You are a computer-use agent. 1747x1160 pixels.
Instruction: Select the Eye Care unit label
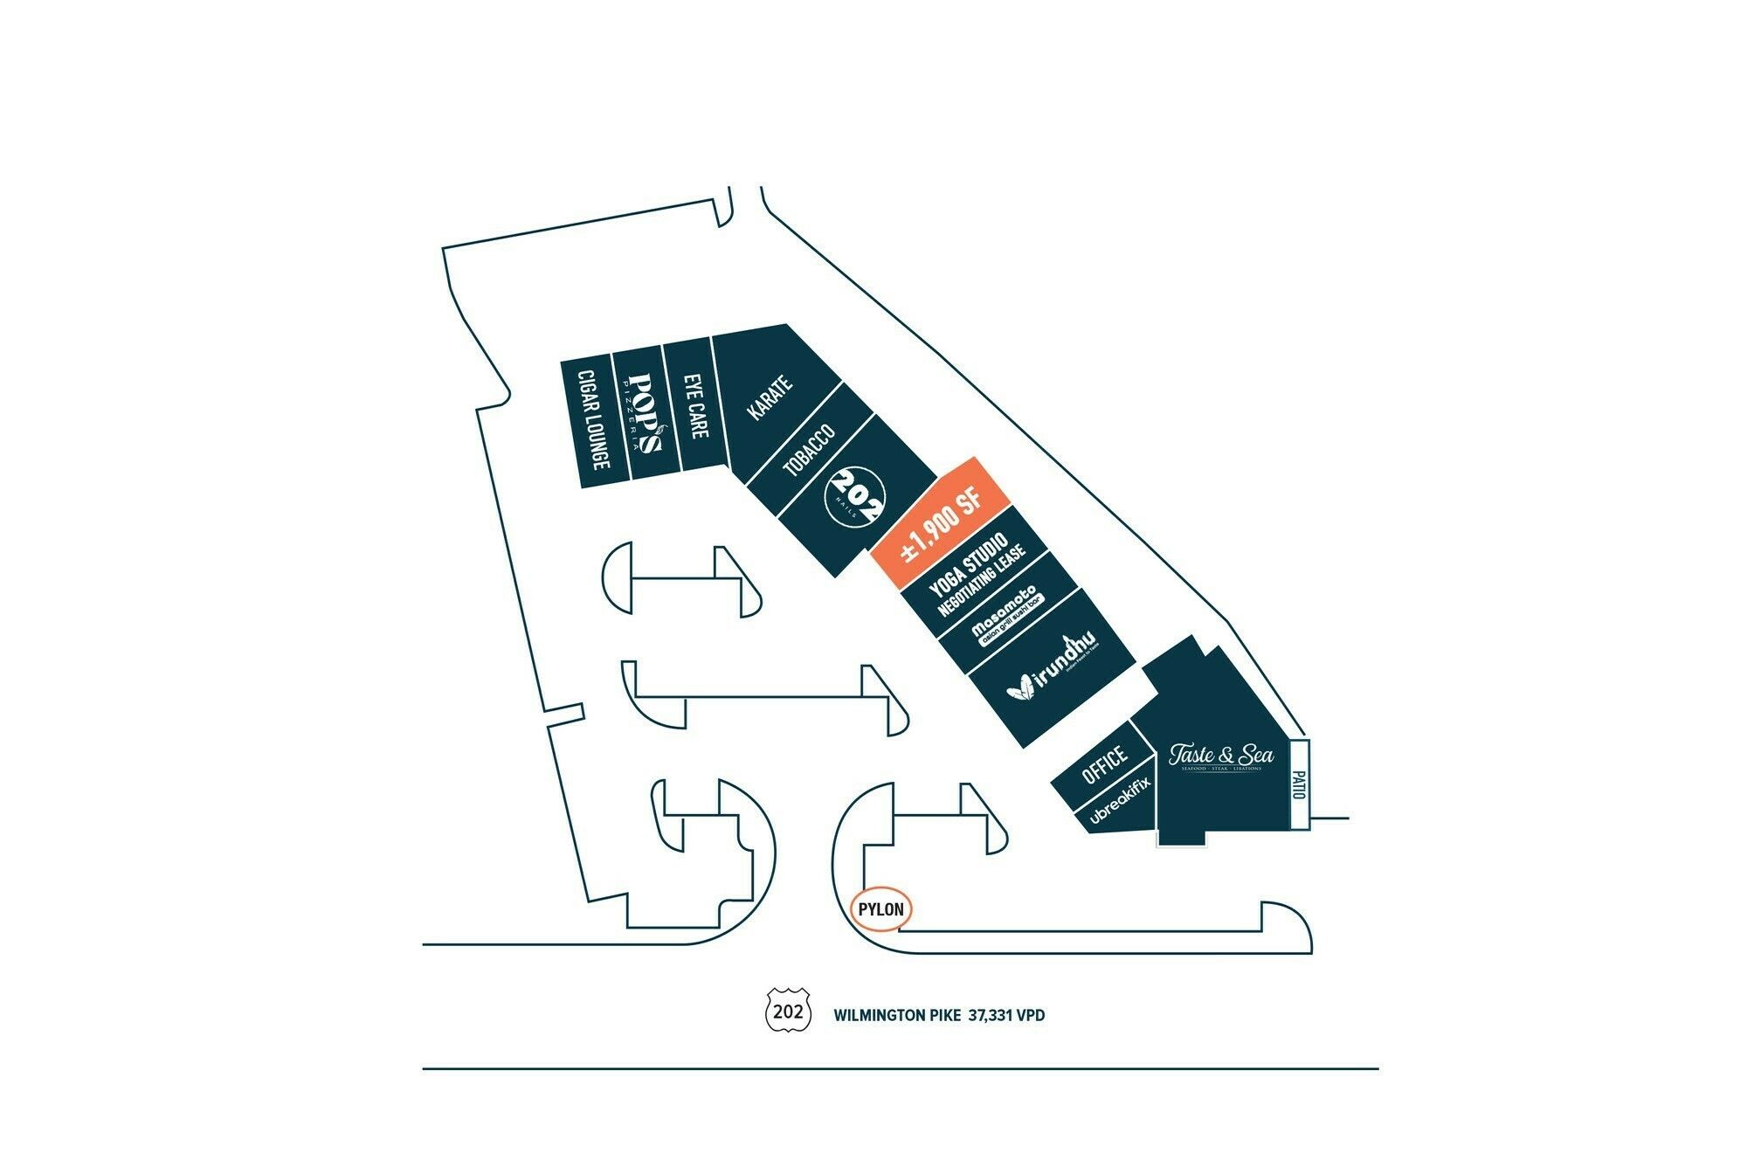(696, 407)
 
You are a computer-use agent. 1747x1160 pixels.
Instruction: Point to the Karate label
(770, 397)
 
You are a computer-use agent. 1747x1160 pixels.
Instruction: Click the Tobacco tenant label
(809, 452)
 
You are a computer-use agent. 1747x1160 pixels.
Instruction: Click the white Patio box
(1299, 784)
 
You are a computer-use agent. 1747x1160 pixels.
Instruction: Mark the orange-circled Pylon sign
(880, 910)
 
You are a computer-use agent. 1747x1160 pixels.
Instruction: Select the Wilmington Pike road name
(897, 1016)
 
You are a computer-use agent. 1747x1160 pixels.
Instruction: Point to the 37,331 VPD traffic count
(1006, 1016)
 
